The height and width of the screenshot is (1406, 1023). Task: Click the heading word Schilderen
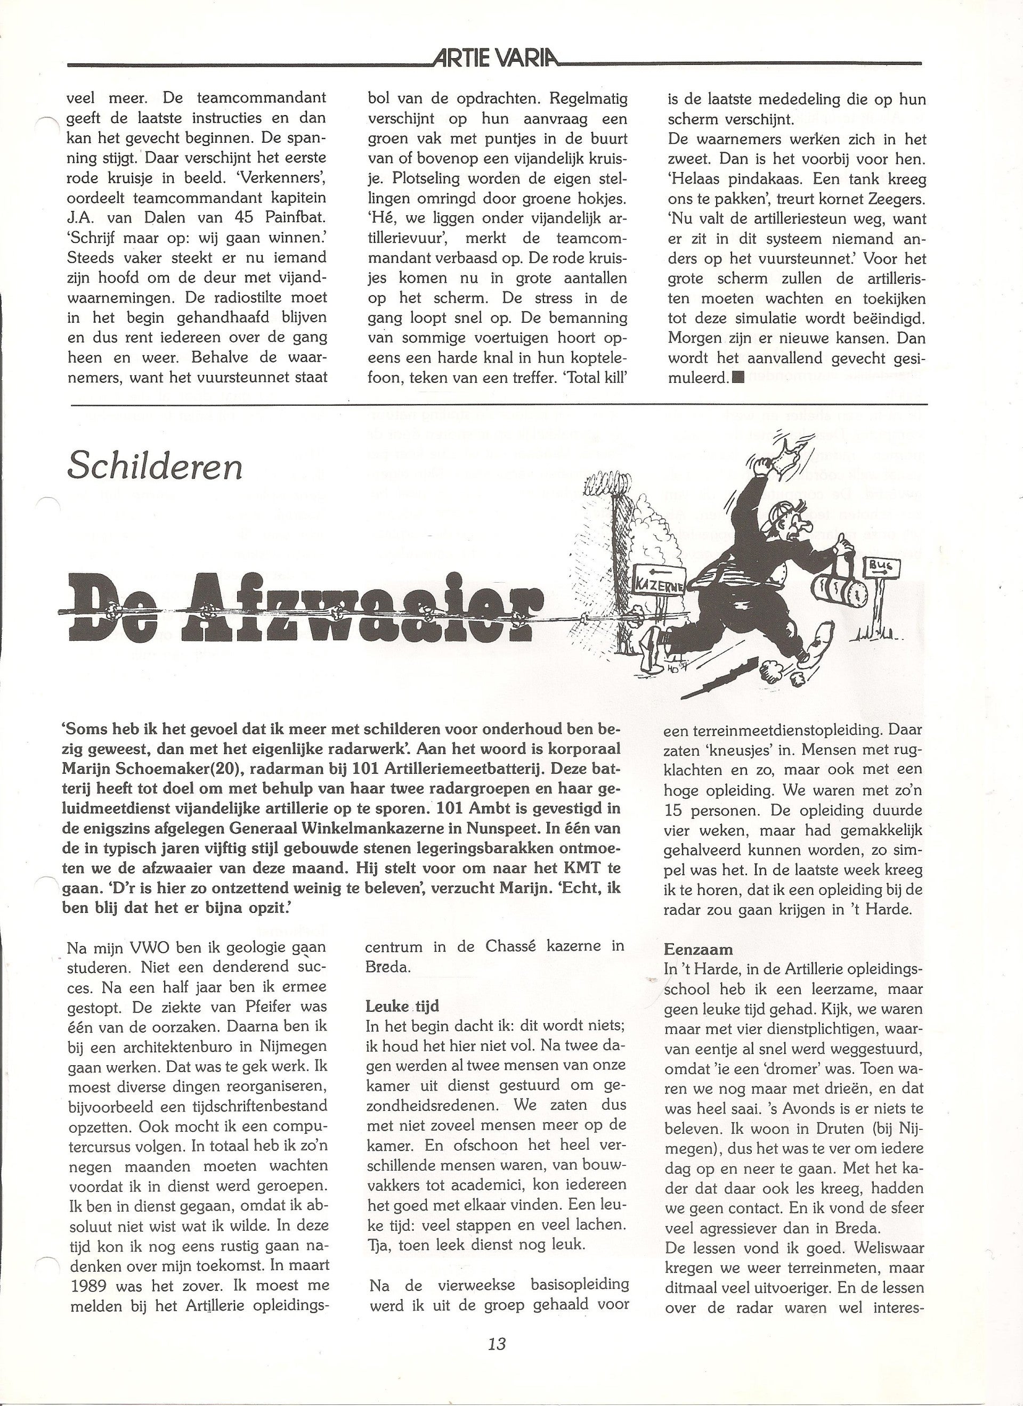pyautogui.click(x=154, y=466)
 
